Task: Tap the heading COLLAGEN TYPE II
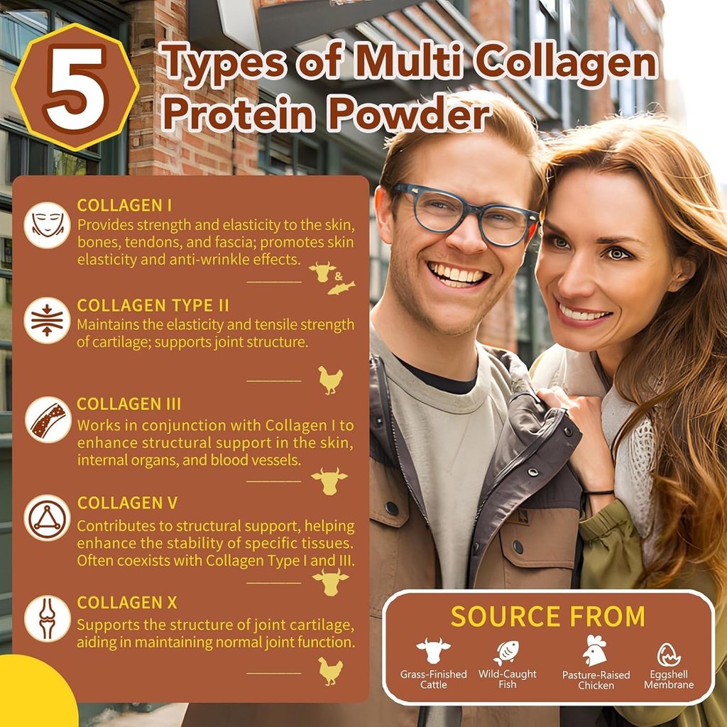[153, 305]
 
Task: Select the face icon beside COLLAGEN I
[47, 224]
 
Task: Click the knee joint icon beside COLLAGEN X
[47, 618]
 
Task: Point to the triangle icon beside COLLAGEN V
[47, 518]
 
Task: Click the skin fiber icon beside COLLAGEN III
[48, 420]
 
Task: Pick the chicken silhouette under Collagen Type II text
[330, 380]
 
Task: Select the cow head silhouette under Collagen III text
[329, 480]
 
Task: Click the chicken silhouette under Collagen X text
[330, 670]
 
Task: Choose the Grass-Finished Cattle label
[433, 679]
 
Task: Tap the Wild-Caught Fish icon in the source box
[506, 652]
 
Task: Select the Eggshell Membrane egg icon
[669, 654]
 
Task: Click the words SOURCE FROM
[547, 616]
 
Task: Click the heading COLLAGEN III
[129, 404]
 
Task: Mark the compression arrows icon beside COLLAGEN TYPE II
[47, 320]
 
